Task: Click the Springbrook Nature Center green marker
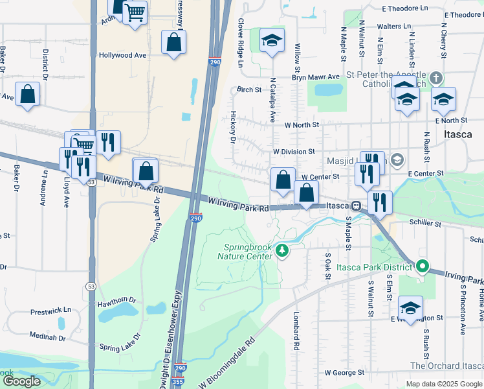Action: (x=281, y=250)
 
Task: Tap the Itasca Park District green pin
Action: (x=423, y=266)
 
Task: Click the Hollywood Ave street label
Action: (x=122, y=56)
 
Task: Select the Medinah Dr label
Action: (x=47, y=337)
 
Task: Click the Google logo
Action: (x=21, y=381)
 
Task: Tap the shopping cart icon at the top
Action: (x=135, y=12)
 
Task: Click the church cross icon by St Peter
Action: (x=436, y=79)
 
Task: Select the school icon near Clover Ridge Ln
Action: (x=272, y=41)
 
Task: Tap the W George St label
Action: (x=344, y=373)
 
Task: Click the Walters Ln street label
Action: (x=393, y=27)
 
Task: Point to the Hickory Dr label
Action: (x=232, y=126)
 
